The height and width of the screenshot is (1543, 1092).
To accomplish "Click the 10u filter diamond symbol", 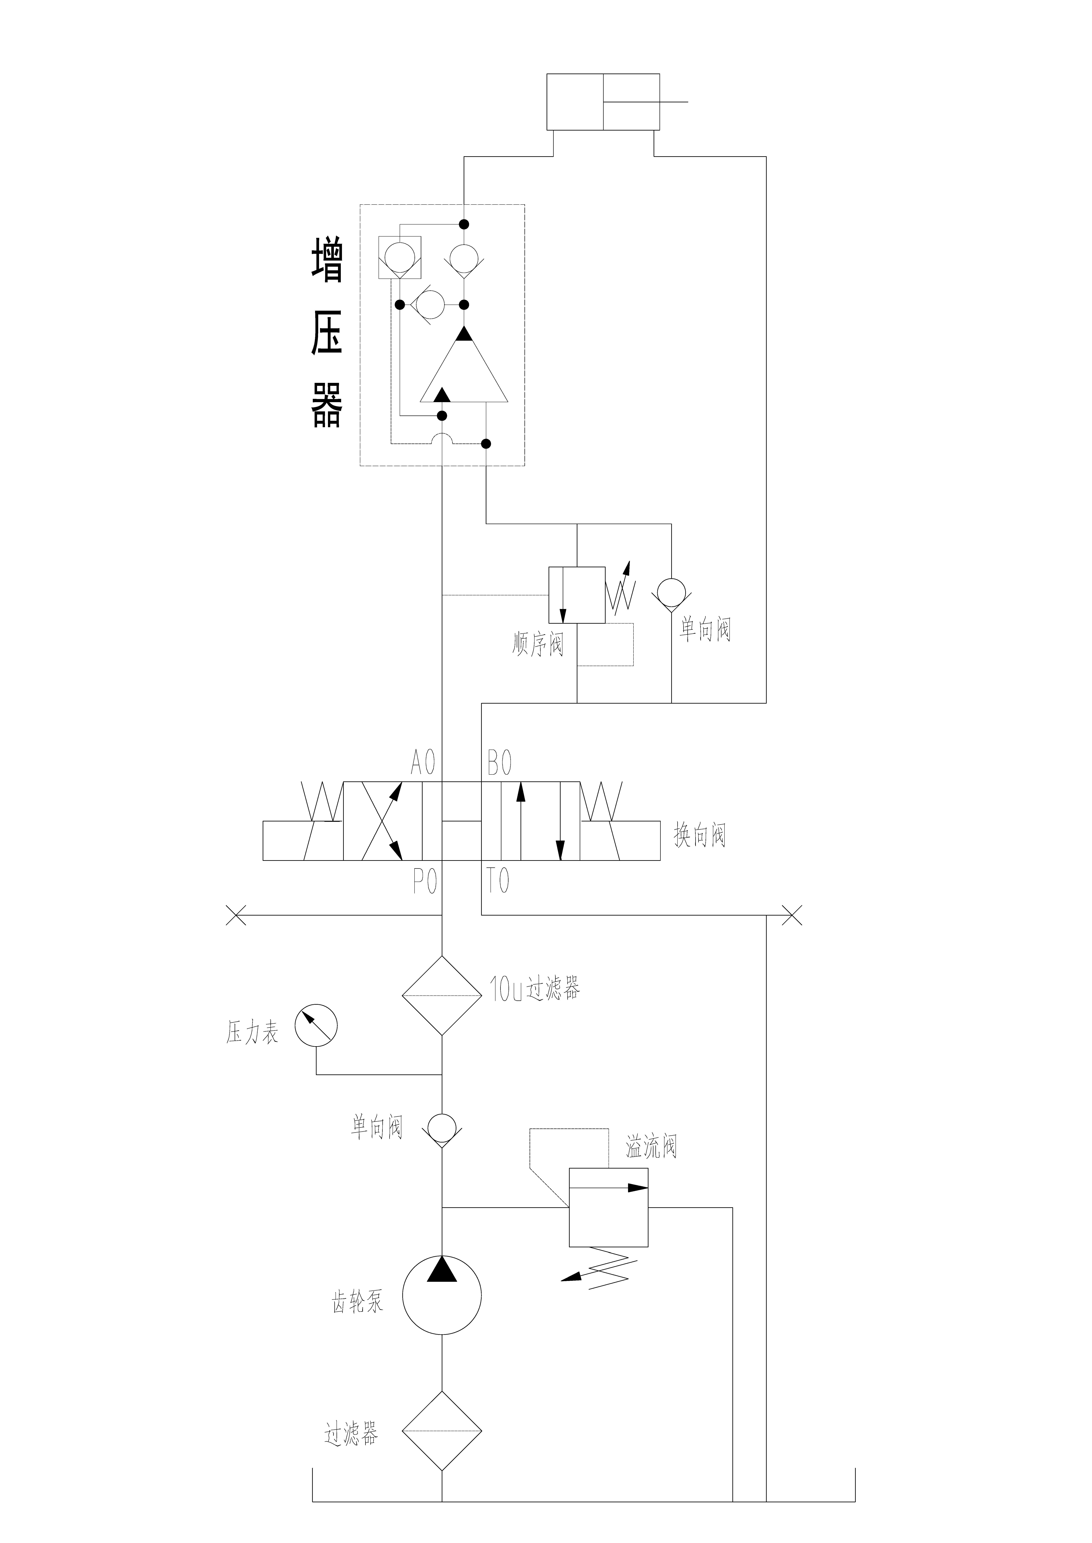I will point(442,995).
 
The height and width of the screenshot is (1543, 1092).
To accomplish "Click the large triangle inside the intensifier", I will point(464,373).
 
